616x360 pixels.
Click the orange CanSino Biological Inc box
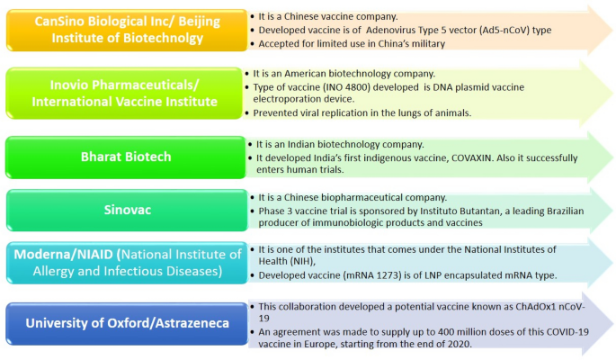127,30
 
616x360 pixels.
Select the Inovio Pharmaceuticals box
124,93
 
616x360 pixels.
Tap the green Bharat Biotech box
126,157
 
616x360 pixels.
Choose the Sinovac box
127,210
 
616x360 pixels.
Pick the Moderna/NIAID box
127,263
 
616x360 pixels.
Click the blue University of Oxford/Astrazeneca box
127,323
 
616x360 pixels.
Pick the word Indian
301,144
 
